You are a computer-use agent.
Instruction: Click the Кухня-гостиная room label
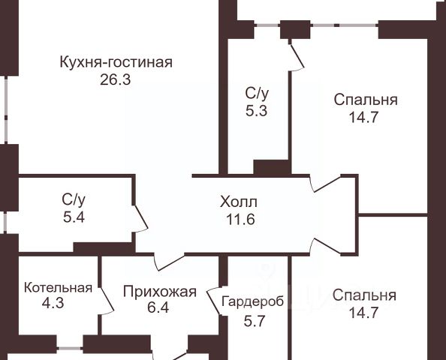116,62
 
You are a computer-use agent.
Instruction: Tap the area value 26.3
115,79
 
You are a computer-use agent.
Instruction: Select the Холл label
239,202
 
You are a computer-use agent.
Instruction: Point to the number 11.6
240,219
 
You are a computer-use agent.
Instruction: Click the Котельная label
58,288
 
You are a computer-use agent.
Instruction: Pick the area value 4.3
53,303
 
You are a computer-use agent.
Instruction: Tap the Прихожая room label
160,292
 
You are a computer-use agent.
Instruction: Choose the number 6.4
158,307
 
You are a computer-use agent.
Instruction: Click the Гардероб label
252,301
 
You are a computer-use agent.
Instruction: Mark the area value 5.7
255,321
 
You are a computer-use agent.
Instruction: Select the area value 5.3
257,111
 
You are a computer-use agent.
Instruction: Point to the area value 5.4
74,217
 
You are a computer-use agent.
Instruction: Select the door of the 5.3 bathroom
297,56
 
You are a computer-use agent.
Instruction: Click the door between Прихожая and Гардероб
214,302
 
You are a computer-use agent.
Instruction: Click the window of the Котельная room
70,348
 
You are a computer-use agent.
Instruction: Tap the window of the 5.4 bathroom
5,223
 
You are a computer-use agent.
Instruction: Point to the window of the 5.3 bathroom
267,25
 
